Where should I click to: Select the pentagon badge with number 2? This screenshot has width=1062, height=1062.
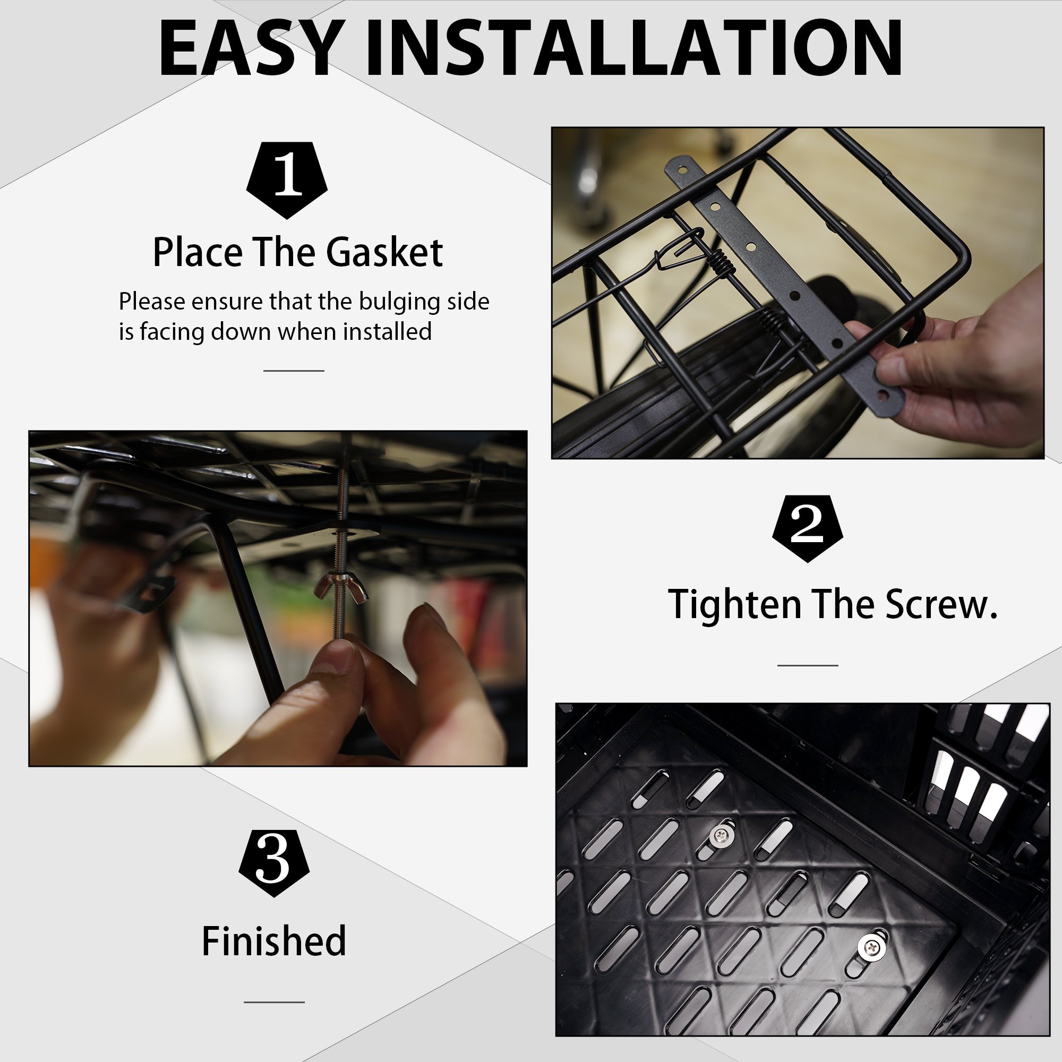(x=808, y=528)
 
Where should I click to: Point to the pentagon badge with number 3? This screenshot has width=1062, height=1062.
(x=274, y=863)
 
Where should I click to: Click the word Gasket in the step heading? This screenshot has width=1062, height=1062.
(x=384, y=253)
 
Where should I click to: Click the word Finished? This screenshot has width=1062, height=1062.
(x=274, y=941)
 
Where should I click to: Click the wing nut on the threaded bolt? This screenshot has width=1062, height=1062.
(x=340, y=587)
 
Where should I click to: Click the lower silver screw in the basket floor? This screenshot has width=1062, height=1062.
(x=872, y=947)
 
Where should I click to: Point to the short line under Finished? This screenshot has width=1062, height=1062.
(x=274, y=1002)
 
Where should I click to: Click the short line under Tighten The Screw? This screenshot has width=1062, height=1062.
(x=808, y=665)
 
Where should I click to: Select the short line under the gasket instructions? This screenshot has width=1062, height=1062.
(x=294, y=371)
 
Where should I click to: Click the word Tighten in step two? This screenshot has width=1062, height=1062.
(x=735, y=605)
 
